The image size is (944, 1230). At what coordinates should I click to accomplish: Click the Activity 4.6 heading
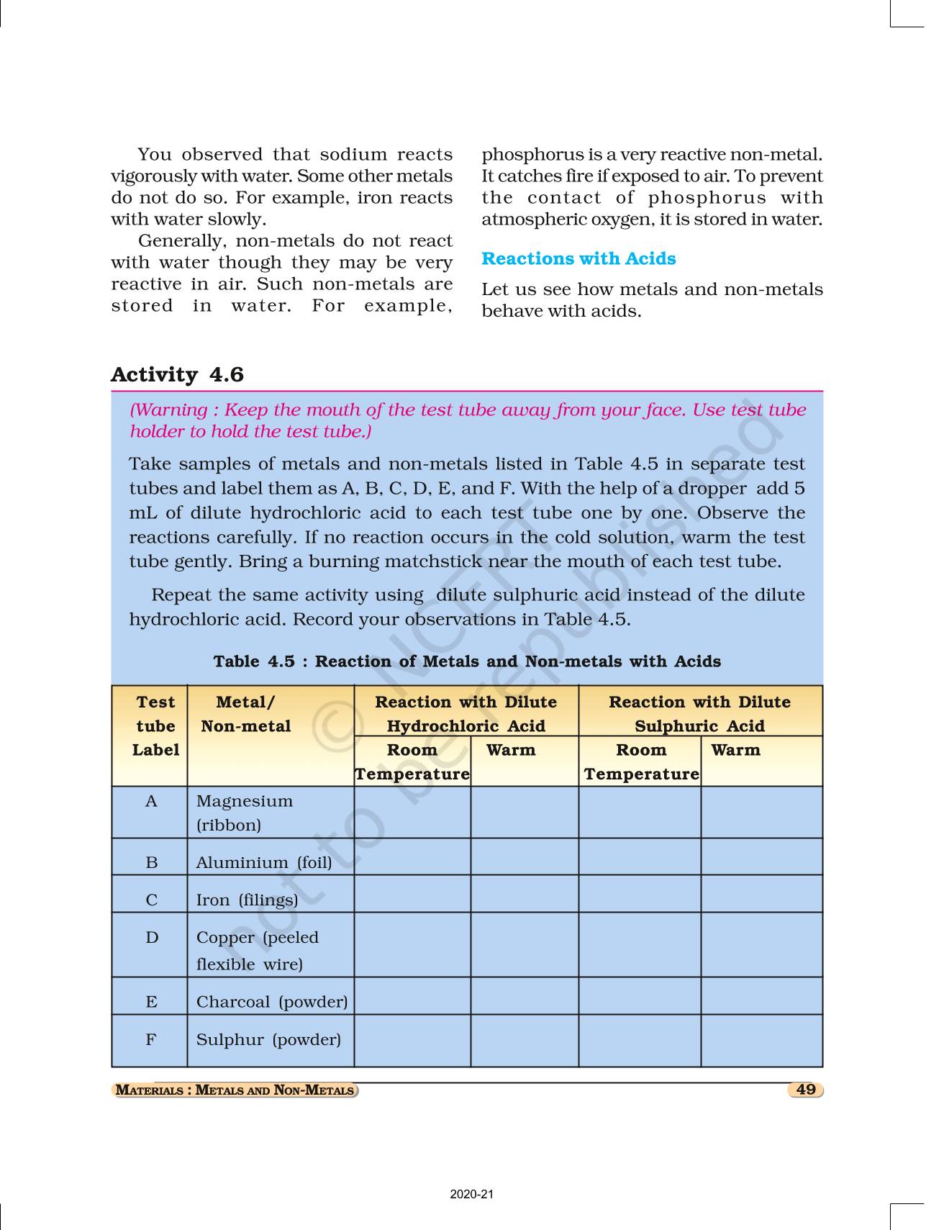(177, 375)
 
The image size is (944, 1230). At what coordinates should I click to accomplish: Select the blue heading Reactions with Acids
(578, 259)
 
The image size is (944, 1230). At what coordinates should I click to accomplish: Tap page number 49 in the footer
(806, 1090)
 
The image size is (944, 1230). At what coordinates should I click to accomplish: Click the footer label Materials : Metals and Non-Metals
(235, 1090)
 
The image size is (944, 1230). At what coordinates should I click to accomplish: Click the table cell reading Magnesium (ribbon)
(245, 813)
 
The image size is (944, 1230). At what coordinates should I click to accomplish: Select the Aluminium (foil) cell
(264, 862)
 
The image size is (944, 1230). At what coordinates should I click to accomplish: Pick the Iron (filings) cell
(247, 900)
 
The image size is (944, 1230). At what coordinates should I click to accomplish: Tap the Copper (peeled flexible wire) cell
(257, 950)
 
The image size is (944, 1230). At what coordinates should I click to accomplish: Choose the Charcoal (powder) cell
(271, 1002)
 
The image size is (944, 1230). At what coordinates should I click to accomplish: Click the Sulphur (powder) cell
(268, 1039)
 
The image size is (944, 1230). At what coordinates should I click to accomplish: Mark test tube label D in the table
(152, 938)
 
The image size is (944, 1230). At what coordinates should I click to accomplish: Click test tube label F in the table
(151, 1039)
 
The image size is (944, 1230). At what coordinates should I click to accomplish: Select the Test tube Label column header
(155, 726)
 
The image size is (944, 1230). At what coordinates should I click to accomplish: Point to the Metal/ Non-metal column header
(245, 714)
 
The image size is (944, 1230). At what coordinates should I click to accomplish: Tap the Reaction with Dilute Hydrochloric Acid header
(466, 714)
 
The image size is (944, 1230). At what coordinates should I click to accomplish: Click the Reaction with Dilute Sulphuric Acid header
(699, 714)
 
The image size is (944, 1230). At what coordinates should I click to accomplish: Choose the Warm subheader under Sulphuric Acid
(735, 750)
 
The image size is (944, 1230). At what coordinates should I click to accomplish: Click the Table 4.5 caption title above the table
(467, 661)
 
